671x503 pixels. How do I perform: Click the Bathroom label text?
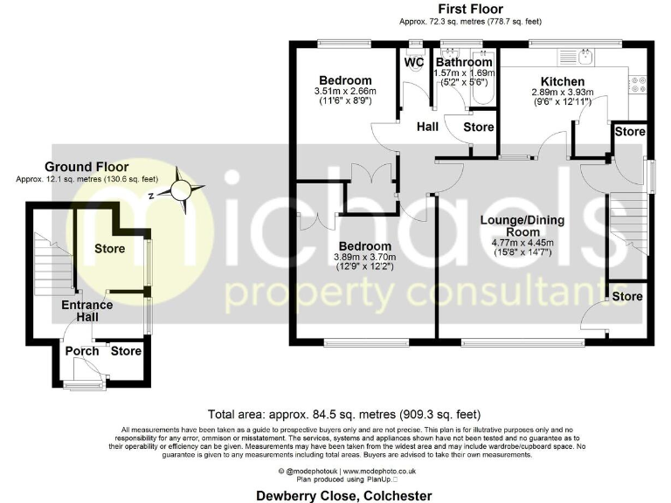pos(464,62)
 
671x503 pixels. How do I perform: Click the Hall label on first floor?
pos(427,127)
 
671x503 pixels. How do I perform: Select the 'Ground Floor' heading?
pos(86,167)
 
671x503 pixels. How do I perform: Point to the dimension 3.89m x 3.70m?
pos(364,257)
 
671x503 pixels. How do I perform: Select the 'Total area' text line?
pos(343,414)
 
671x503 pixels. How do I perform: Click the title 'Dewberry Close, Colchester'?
pos(343,495)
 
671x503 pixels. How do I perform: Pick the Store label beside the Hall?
pos(478,127)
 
